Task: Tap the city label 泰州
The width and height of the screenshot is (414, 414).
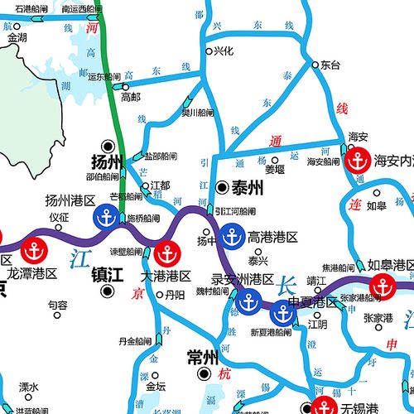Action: [x=248, y=188]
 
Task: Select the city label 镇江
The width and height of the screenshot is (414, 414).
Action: [x=106, y=273]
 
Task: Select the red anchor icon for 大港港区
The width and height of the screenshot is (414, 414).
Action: [x=166, y=253]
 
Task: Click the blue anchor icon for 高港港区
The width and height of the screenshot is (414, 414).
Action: [x=231, y=236]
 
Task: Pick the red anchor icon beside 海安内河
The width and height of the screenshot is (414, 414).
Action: [x=356, y=160]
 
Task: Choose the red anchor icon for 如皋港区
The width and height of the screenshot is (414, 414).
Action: [x=383, y=286]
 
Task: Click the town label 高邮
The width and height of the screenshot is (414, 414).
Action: [x=131, y=97]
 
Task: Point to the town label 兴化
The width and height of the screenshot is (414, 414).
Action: [x=223, y=51]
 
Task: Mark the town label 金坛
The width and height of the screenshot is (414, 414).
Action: [x=156, y=386]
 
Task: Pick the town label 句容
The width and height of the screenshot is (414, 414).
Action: [x=57, y=305]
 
